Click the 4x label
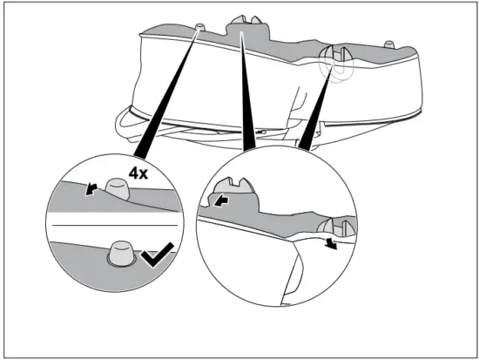tap(138, 173)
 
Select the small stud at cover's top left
tap(201, 29)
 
